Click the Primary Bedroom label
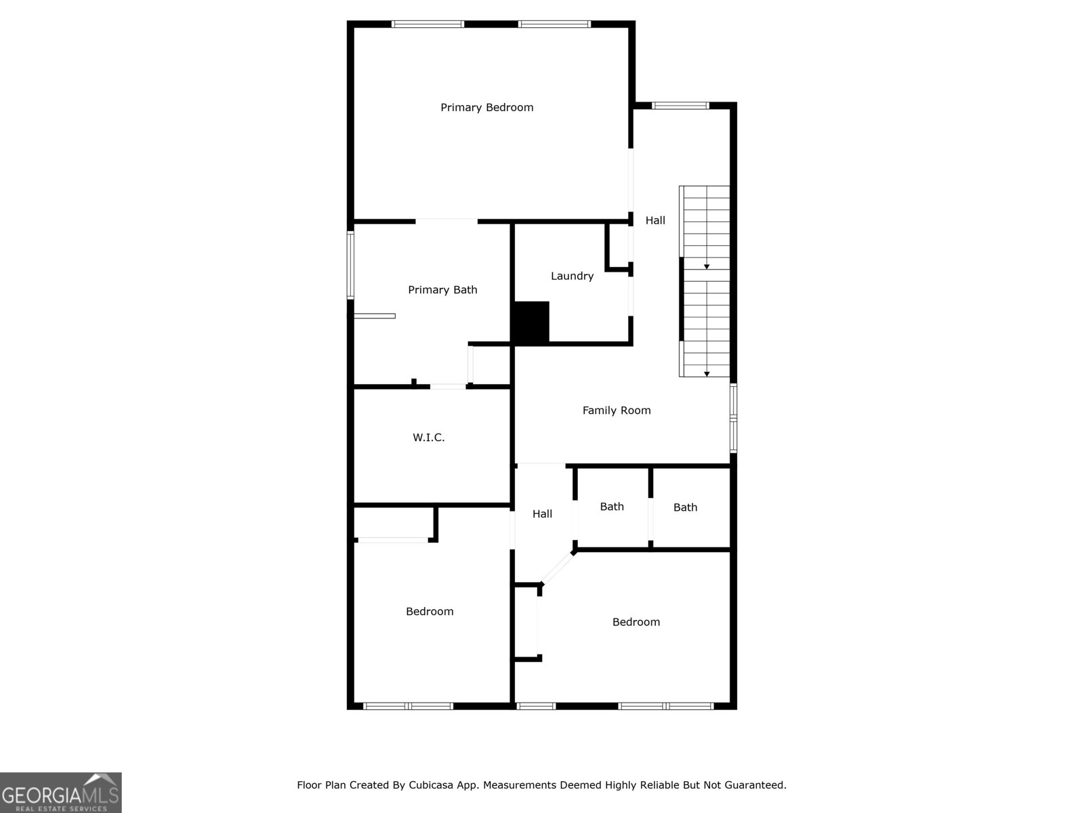[x=486, y=107]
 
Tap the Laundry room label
[x=572, y=276]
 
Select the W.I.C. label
[x=429, y=438]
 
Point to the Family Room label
[x=617, y=410]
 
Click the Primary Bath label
[x=442, y=290]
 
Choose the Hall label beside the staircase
[x=655, y=220]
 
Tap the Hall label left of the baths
[x=542, y=514]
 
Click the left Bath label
[x=612, y=507]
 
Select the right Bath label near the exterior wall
[x=685, y=507]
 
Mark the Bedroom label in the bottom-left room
[x=430, y=611]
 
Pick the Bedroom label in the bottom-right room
[x=635, y=622]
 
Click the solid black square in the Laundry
[x=530, y=322]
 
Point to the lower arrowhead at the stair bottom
[x=707, y=374]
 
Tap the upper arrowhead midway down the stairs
[x=707, y=267]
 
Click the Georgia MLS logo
[x=60, y=792]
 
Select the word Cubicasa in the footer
[x=431, y=785]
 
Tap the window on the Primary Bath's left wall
[x=350, y=265]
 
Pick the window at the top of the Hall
[x=680, y=105]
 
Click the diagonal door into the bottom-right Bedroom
[x=558, y=568]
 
